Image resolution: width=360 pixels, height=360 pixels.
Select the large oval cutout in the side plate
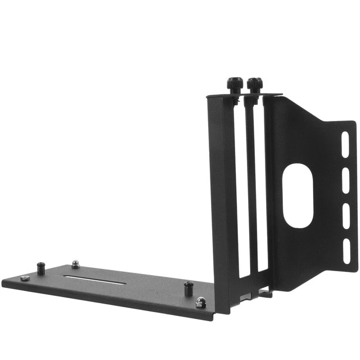click(298, 195)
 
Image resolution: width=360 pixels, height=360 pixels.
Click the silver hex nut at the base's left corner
click(24, 278)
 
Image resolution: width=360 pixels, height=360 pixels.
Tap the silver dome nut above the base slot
click(75, 264)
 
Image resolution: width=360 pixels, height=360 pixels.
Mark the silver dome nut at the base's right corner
click(201, 303)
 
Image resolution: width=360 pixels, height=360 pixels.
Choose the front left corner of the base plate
click(4, 283)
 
